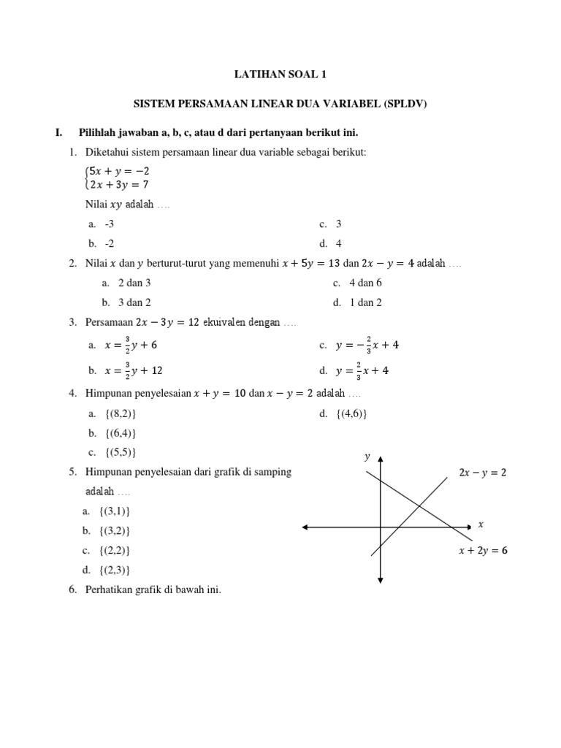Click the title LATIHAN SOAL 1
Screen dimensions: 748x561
point(280,75)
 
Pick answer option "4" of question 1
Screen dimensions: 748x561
point(339,243)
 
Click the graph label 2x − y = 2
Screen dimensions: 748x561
point(482,473)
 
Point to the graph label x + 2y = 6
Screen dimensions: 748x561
point(482,552)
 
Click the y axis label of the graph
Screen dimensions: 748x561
point(367,457)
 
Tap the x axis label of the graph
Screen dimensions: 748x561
point(481,524)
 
